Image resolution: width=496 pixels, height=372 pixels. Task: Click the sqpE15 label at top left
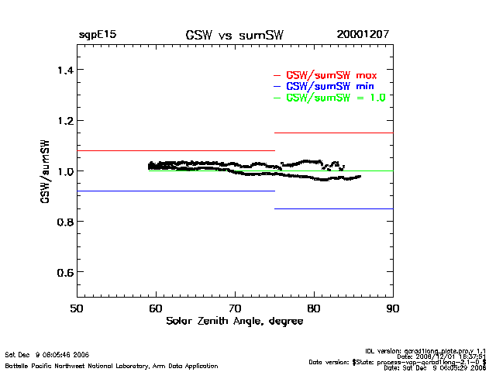[x=97, y=35]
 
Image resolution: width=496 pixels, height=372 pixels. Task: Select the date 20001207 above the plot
[x=363, y=35]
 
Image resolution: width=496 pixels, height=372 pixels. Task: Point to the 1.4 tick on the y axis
[x=60, y=71]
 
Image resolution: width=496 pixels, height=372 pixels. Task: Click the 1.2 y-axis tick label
[x=60, y=121]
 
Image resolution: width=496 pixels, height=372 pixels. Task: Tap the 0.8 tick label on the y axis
[x=60, y=222]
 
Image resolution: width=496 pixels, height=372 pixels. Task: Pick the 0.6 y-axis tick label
[x=60, y=272]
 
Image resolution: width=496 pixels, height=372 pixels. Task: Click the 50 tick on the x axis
[x=77, y=308]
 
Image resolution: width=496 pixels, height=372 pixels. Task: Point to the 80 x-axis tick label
[x=314, y=308]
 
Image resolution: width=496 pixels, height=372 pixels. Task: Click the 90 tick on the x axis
[x=393, y=308]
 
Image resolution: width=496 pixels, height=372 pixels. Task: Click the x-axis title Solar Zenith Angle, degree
[x=234, y=321]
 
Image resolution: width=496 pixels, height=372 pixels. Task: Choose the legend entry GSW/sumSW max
[x=332, y=75]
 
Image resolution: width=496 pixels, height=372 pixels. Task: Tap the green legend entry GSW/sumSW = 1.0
[x=336, y=98]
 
